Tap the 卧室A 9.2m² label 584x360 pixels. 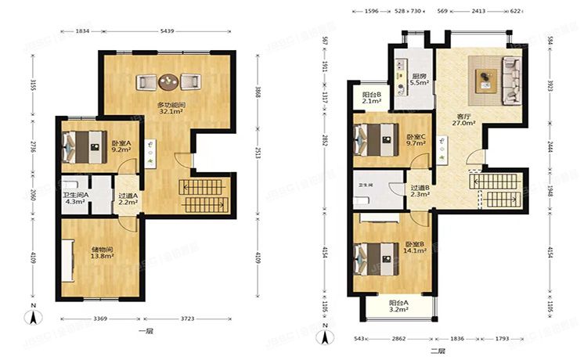[x=121, y=147]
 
